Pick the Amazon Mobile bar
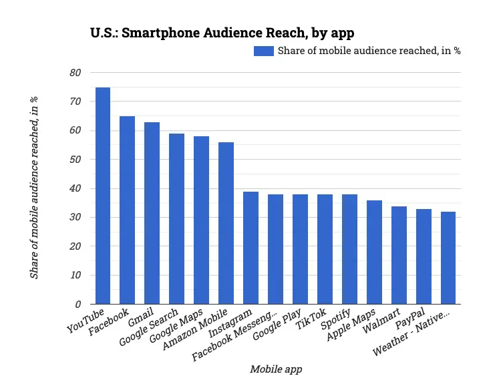pos(226,223)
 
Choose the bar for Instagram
pos(251,248)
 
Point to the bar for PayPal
pos(424,256)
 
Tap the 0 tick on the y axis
pos(77,304)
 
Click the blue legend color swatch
pos(263,51)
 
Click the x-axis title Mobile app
pos(276,369)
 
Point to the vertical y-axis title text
pos(34,188)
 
